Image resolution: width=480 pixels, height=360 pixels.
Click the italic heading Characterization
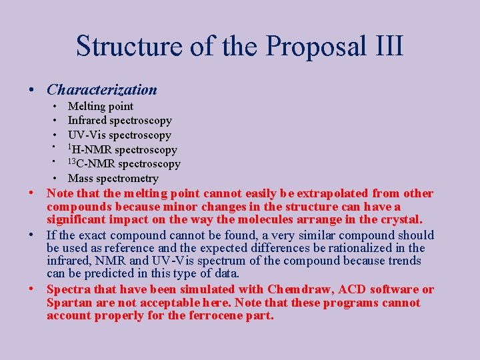point(102,89)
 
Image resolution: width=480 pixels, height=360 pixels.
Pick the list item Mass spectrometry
point(113,178)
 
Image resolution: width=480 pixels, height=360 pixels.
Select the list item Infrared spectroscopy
point(120,121)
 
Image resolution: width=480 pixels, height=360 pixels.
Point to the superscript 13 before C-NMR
point(72,161)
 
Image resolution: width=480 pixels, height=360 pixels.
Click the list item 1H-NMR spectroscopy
point(123,149)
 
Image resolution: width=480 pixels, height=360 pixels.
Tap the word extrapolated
point(331,193)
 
